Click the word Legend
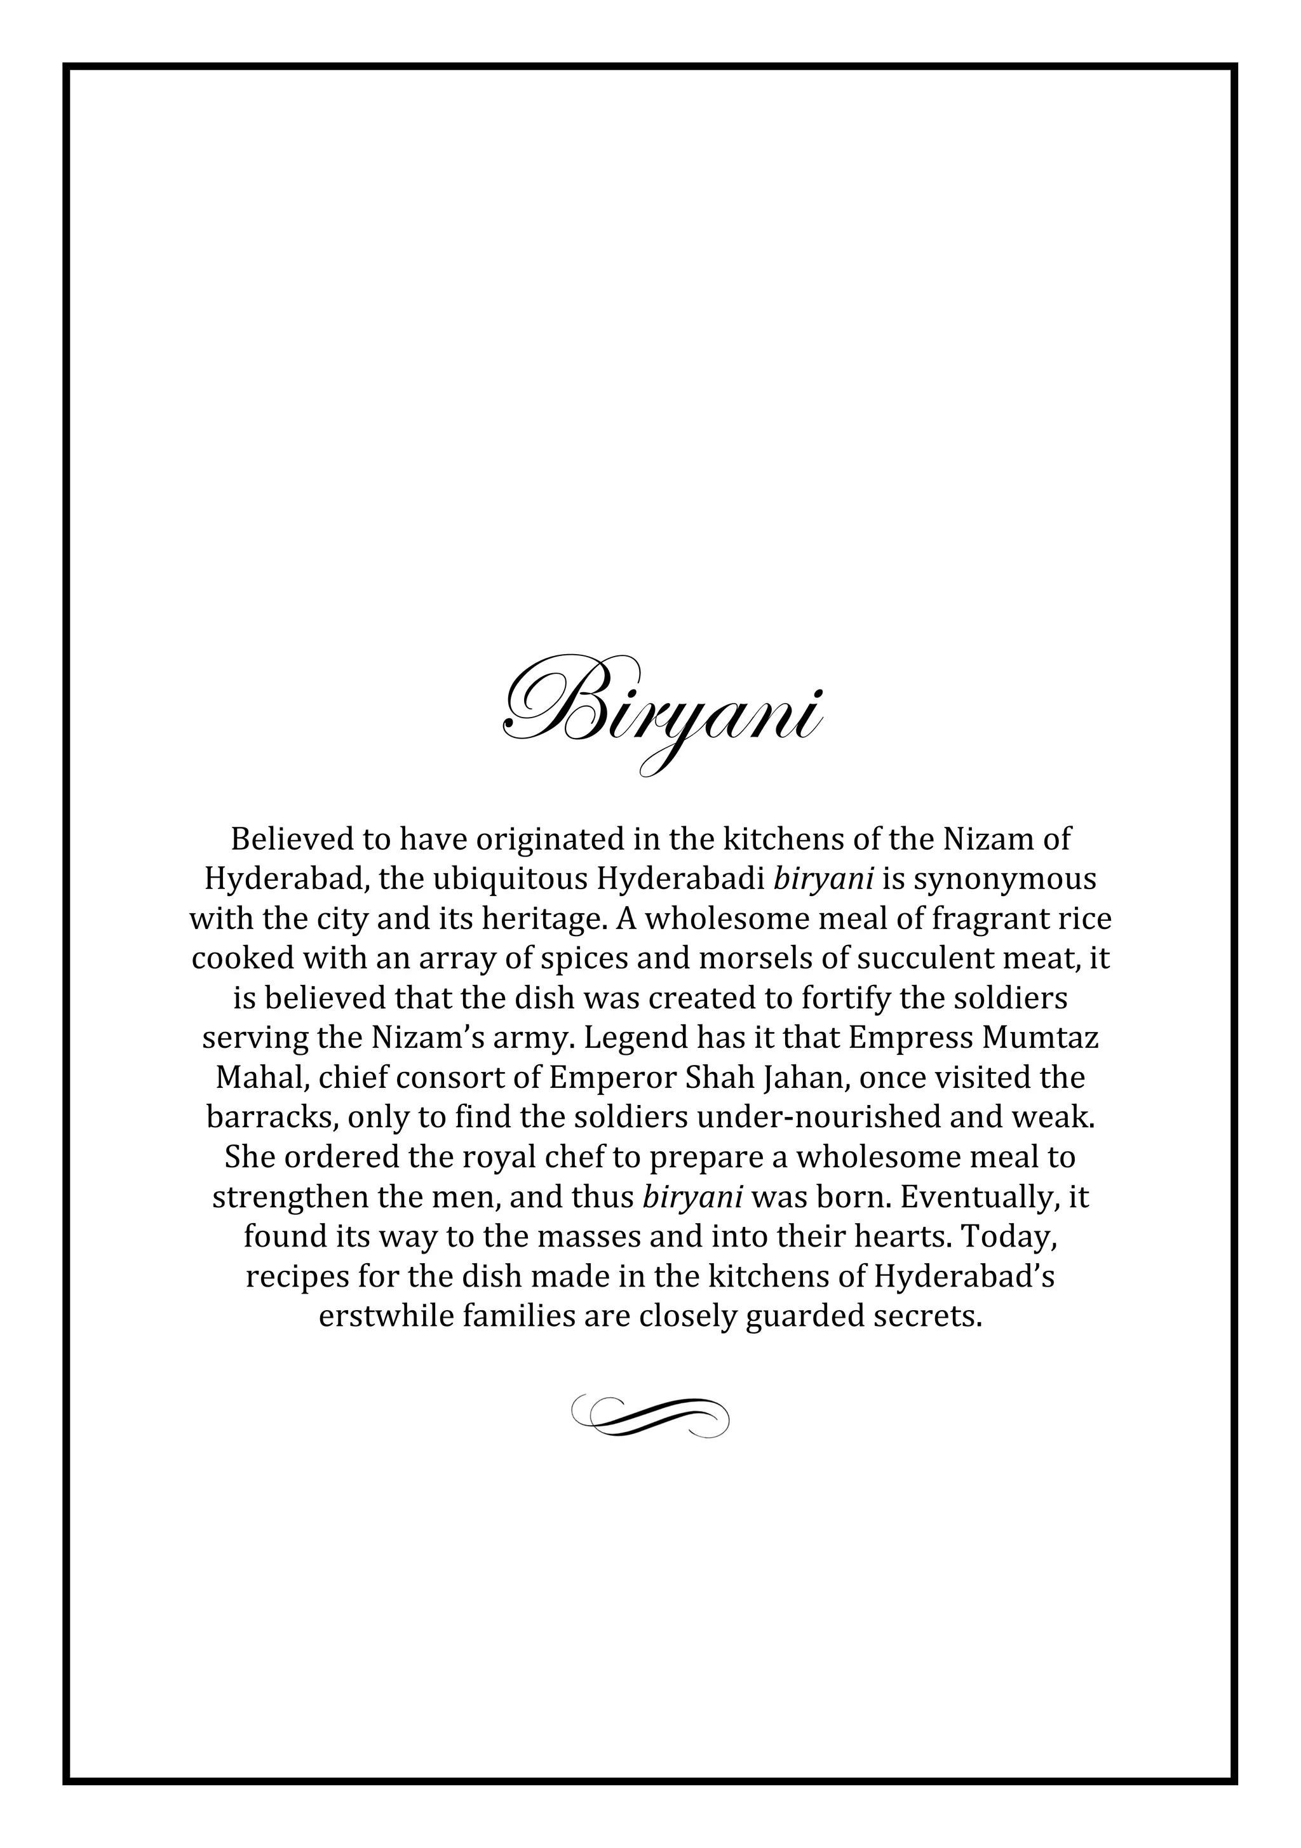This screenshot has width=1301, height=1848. [632, 1038]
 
